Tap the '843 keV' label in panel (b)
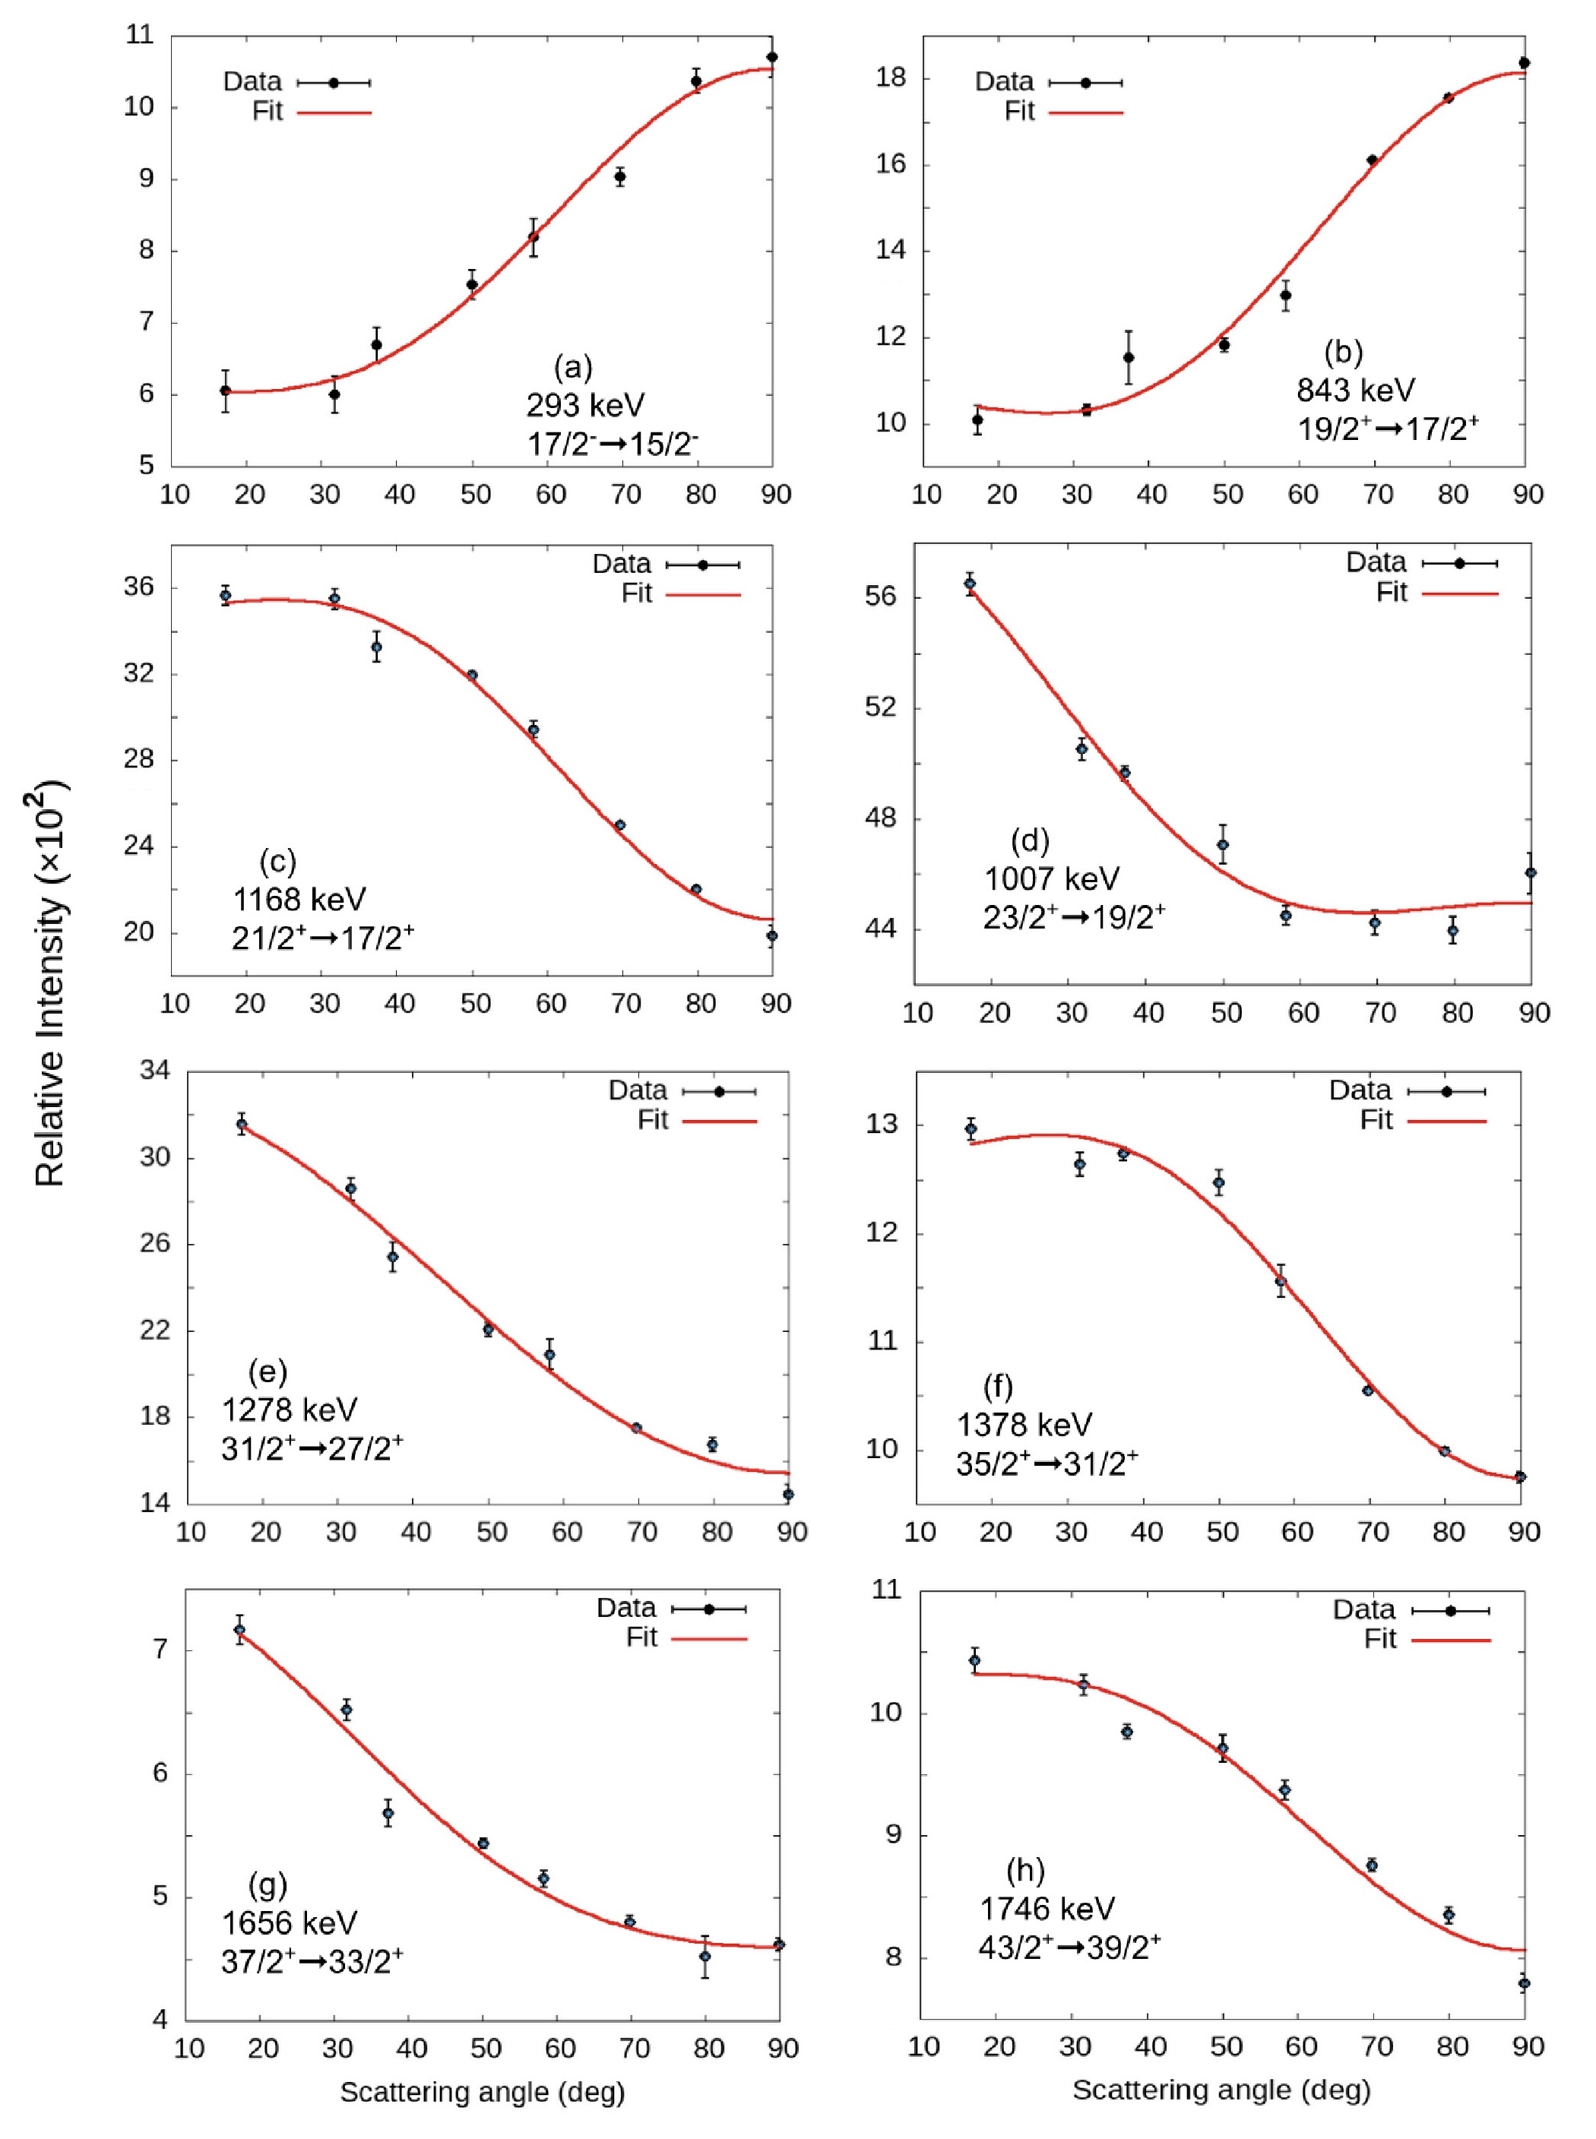[1355, 390]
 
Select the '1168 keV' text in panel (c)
[299, 899]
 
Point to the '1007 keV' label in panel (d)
[1052, 879]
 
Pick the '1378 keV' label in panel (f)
[1024, 1425]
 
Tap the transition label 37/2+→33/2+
[312, 1960]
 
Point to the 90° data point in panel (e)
[788, 1494]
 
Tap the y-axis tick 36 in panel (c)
[138, 587]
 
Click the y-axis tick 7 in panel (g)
[160, 1650]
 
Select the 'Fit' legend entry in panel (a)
[267, 111]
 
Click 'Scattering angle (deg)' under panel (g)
[482, 2093]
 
